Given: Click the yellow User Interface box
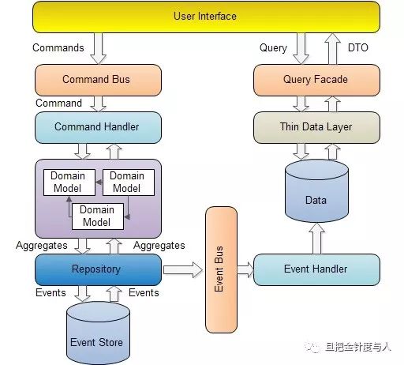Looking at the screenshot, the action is [x=206, y=17].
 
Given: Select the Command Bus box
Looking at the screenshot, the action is [x=98, y=80].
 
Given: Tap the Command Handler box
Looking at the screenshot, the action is [x=98, y=127].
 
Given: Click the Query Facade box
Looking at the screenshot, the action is [x=316, y=80].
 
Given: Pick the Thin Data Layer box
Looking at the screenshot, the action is [x=316, y=127].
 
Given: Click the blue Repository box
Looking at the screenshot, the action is [x=98, y=269].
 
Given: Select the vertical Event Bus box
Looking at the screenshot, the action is [x=221, y=269].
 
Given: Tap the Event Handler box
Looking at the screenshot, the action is [x=316, y=269].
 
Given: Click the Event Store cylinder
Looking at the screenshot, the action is [x=98, y=333].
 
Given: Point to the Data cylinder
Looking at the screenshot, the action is [x=316, y=191].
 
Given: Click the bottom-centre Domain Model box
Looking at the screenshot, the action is [x=98, y=216].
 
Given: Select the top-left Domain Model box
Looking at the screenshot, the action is [x=69, y=182].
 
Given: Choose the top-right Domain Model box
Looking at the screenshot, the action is [x=129, y=182].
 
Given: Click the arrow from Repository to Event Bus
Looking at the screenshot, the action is [x=183, y=270].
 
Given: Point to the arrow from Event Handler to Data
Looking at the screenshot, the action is [x=316, y=239].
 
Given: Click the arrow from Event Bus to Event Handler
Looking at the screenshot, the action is [x=245, y=270].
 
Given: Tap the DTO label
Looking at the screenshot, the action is [x=358, y=48].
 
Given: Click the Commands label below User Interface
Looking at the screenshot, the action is [x=58, y=48].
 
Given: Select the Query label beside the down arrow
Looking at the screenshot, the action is [x=273, y=48].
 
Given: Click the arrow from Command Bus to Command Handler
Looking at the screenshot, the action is [x=98, y=104].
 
